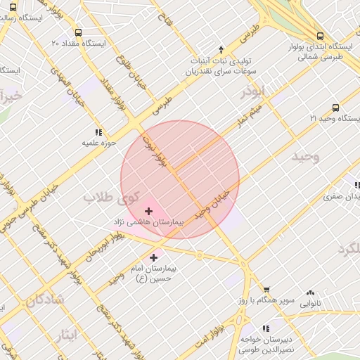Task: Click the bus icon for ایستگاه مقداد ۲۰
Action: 77,32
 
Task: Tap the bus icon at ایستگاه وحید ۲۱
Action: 335,108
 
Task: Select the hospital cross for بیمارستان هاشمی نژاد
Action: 148,211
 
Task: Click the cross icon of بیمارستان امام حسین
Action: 154,258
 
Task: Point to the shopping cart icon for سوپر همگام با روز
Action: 266,290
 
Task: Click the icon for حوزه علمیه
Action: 98,131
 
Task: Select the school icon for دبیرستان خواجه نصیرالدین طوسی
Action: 265,328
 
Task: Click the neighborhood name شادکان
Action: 45,300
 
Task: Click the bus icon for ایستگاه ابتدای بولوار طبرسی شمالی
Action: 320,36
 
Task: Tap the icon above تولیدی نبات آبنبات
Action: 221,49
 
